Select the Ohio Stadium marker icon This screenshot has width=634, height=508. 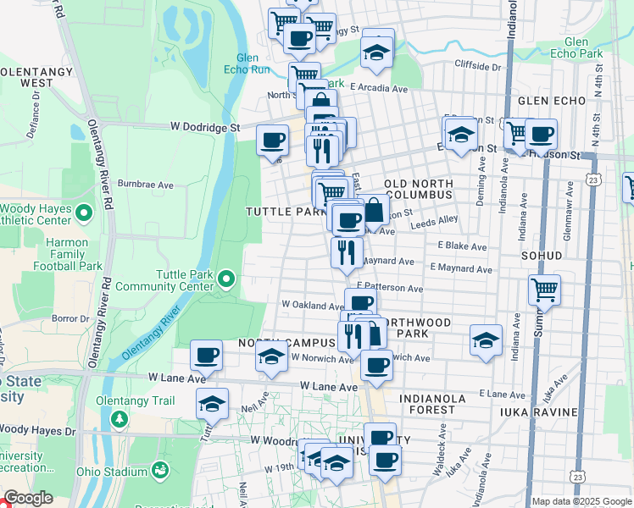tap(159, 469)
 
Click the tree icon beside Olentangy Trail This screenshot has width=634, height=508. tap(120, 418)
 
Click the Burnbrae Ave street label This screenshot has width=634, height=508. tap(145, 184)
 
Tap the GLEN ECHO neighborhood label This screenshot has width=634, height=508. tap(552, 101)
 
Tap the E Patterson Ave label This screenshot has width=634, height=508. tap(390, 289)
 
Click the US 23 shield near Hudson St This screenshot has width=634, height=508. tap(592, 179)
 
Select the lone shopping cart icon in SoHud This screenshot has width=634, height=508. tap(544, 290)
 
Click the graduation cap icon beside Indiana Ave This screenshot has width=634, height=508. tap(485, 340)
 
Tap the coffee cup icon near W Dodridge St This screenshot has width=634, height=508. tap(272, 140)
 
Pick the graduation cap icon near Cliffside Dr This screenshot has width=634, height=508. tap(376, 52)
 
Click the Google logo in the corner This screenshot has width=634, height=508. tap(29, 499)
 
